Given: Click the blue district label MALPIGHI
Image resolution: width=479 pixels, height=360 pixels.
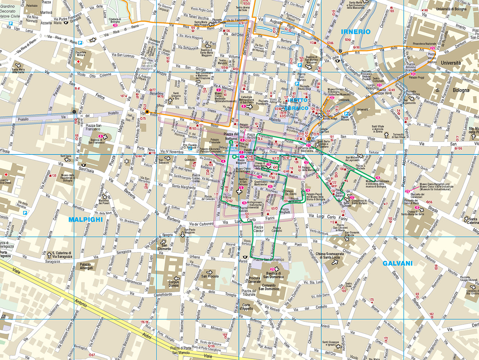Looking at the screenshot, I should click(85, 220).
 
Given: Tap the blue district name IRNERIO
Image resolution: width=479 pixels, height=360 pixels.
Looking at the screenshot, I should click(355, 32).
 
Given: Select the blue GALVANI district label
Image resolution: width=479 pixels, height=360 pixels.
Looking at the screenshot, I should click(397, 264).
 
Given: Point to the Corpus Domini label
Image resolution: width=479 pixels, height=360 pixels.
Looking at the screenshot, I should click(174, 284).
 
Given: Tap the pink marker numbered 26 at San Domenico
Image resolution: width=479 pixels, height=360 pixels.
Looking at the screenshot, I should click(272, 269).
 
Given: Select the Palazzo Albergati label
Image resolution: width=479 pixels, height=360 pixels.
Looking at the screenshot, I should click(86, 266).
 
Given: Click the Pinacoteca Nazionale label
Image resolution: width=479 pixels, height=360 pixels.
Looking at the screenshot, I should click(424, 44).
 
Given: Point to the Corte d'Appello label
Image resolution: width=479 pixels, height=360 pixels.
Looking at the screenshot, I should click(246, 307).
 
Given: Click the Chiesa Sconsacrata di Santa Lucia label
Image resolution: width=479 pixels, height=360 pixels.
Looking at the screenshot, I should click(330, 256).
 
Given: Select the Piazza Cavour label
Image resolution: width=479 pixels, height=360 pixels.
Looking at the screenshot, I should click(258, 229).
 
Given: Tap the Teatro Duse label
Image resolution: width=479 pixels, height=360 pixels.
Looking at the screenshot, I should click(348, 285).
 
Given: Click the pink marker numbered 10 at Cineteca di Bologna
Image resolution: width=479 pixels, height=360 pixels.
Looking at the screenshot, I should click(115, 26).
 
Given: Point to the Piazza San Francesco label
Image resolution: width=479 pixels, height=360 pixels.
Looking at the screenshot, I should click(93, 127).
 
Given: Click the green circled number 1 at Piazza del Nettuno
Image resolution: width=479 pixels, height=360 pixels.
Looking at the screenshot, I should click(231, 143).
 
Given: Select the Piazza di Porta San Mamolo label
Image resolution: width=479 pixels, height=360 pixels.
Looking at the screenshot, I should click(180, 350).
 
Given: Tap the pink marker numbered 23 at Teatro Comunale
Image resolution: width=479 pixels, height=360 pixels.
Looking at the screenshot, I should click(379, 75).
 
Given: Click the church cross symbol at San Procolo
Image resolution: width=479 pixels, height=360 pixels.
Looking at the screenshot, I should click(210, 272).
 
